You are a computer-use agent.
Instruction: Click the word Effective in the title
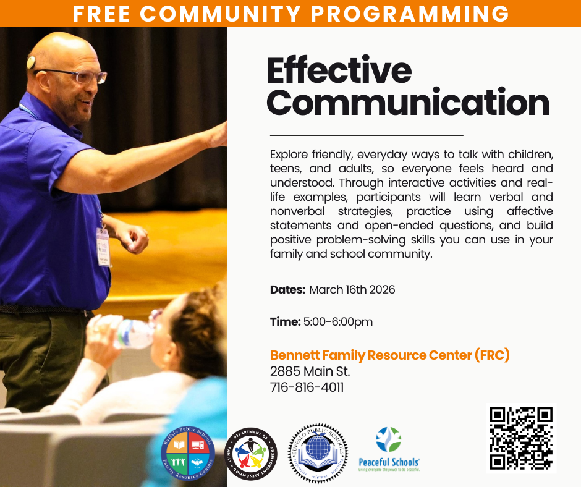point(339,71)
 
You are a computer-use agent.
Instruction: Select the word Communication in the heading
point(408,103)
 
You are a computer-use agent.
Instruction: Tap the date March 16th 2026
point(352,289)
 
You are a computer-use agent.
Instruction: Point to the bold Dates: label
point(287,289)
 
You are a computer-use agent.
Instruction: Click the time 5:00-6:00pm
point(338,322)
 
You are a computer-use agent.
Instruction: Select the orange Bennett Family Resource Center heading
point(389,355)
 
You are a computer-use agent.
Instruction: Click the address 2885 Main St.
point(310,371)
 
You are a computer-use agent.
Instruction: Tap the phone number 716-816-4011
point(307,388)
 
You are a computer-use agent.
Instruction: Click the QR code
point(520,438)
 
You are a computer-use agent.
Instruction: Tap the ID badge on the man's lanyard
point(103,245)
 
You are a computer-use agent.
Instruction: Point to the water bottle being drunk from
point(127,331)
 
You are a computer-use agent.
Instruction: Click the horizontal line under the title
point(366,135)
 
